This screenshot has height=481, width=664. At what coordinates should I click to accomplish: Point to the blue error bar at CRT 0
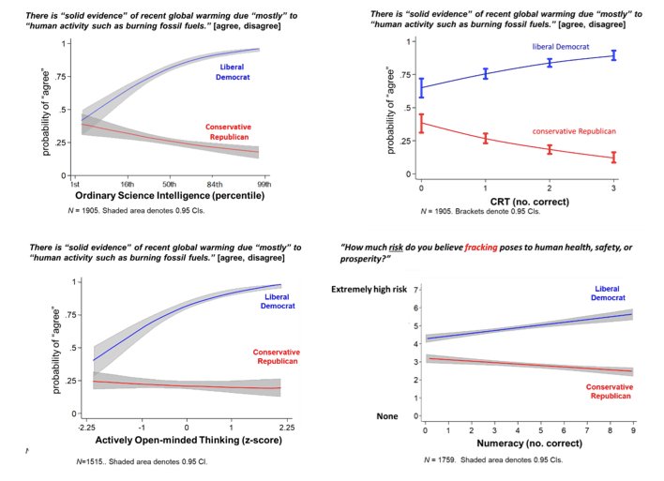(x=421, y=89)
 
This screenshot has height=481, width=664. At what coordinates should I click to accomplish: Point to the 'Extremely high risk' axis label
(x=370, y=290)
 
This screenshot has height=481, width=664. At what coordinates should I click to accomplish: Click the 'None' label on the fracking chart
(x=386, y=415)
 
